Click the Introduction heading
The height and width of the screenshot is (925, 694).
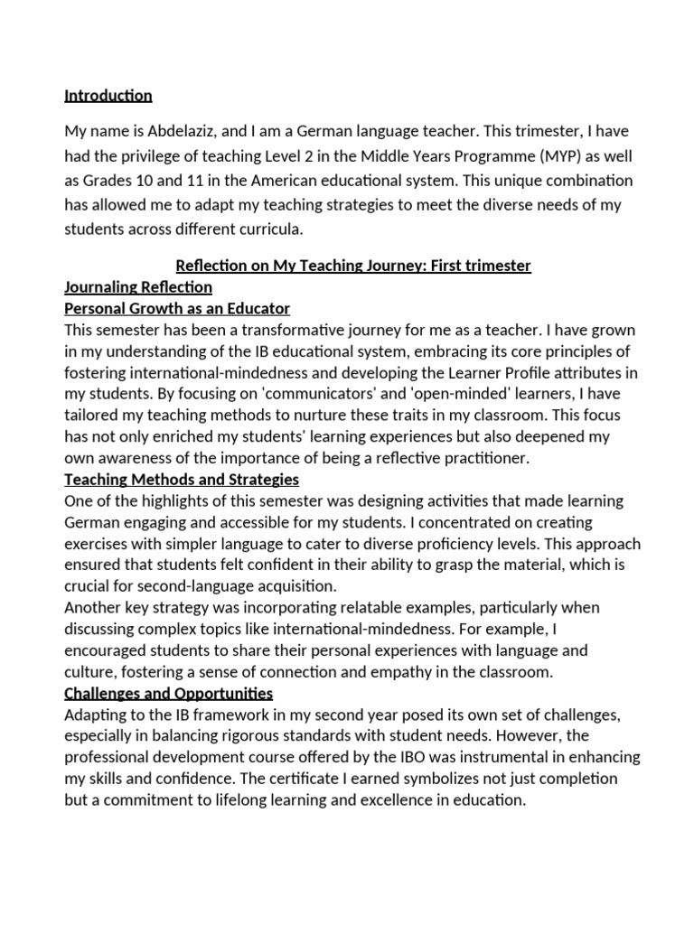(x=108, y=96)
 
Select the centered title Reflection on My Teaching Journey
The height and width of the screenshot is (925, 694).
(x=352, y=266)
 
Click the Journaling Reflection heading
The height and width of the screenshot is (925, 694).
(x=138, y=287)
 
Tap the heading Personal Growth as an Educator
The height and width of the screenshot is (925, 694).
(x=177, y=309)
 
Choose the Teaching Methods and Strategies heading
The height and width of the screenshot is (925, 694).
(x=182, y=479)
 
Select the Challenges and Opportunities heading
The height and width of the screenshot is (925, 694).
(x=169, y=693)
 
